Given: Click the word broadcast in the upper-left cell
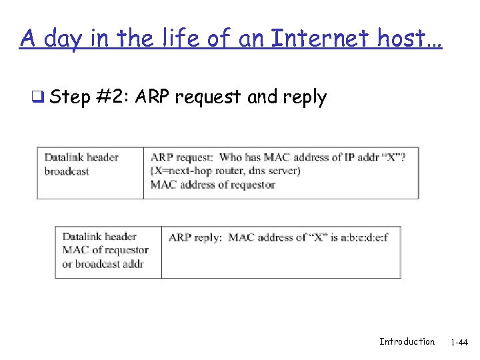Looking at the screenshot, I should [x=67, y=171].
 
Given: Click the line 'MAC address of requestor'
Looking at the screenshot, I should [x=213, y=185].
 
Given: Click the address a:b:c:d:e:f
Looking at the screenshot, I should [x=365, y=237].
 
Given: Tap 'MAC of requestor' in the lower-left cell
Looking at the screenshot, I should [x=105, y=250].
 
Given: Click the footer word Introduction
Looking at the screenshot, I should [x=407, y=341].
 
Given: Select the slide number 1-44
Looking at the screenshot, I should [x=459, y=343].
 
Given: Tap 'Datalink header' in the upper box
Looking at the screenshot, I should [x=81, y=157].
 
